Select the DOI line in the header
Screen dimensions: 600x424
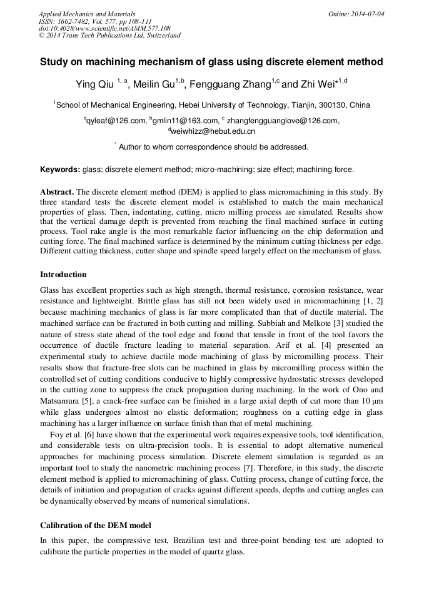tap(104, 28)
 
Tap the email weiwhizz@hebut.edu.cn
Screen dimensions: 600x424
tap(213, 131)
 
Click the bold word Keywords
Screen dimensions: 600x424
tap(60, 170)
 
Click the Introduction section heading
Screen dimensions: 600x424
tap(63, 275)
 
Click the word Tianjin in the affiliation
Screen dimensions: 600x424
tap(303, 104)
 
